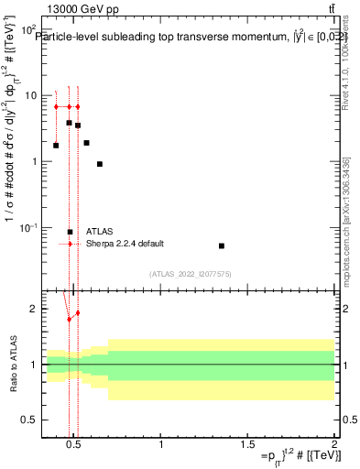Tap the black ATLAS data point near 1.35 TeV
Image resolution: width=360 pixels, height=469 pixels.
click(222, 245)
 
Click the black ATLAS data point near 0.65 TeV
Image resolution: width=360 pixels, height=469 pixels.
click(100, 164)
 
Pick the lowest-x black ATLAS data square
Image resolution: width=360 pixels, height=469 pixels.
click(56, 145)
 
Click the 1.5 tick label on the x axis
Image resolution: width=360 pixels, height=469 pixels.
click(247, 444)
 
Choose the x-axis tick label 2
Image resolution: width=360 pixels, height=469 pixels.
click(333, 444)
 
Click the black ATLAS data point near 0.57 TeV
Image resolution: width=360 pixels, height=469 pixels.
click(86, 143)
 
